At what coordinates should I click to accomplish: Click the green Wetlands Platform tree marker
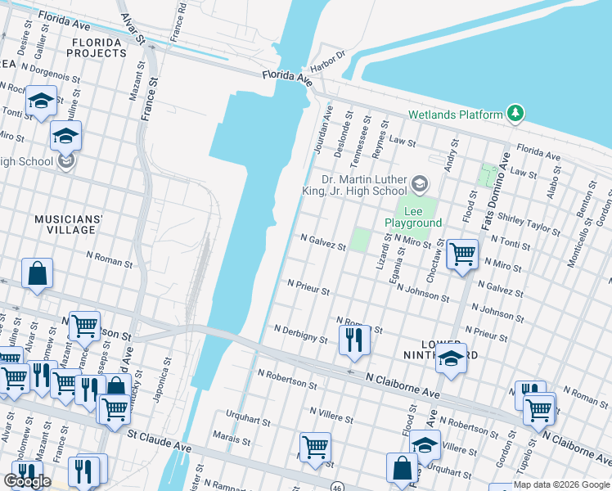click(515, 114)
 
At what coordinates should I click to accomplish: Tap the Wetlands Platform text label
click(456, 115)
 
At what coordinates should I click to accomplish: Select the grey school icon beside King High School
click(420, 182)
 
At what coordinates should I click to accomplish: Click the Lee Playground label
click(413, 216)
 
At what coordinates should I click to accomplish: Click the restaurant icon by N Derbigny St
click(353, 339)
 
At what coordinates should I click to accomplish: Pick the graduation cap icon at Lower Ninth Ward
click(450, 358)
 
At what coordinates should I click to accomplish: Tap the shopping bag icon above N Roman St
click(38, 274)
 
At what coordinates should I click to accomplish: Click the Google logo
click(28, 481)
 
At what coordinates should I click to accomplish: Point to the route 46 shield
click(338, 486)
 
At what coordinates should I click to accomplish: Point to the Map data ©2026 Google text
click(560, 484)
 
